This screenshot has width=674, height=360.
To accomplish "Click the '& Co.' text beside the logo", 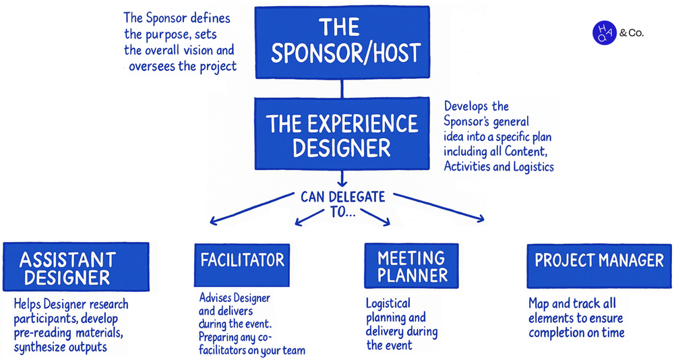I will pyautogui.click(x=631, y=32).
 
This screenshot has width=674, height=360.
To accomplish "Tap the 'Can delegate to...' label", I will pyautogui.click(x=344, y=204).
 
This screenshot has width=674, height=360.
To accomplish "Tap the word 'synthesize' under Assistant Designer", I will pyautogui.click(x=40, y=347).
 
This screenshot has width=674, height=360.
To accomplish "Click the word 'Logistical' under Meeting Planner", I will pyautogui.click(x=388, y=303).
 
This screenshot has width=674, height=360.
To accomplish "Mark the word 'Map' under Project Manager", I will pyautogui.click(x=541, y=303).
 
